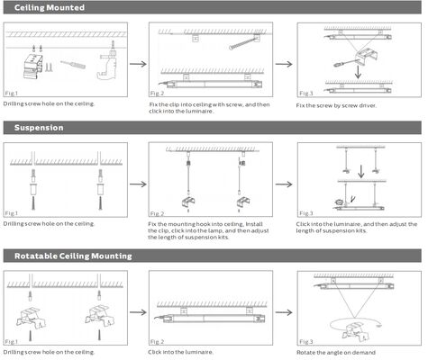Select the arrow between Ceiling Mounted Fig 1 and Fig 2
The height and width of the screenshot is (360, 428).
[x=137, y=64]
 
